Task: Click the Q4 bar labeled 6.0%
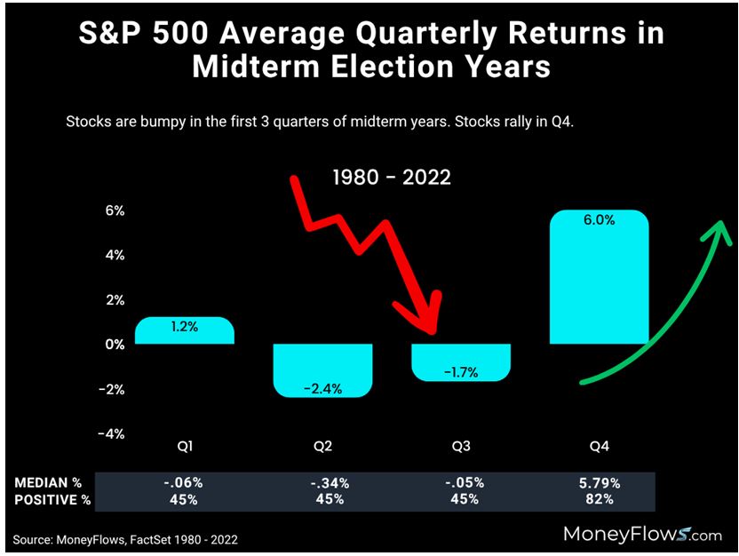pos(600,277)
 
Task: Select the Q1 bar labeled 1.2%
pos(185,330)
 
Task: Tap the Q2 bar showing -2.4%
pos(322,370)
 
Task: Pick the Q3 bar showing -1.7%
pos(462,362)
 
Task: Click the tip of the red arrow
pos(430,331)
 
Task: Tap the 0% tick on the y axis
pos(115,345)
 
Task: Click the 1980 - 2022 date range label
pos(392,178)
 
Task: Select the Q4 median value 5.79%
pos(600,483)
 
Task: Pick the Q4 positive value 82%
pos(600,499)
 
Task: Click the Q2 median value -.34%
pos(322,483)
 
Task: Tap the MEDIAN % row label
pos(49,483)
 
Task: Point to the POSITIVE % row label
pos(53,499)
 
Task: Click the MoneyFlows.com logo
pos(641,534)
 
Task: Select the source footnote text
pos(125,539)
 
